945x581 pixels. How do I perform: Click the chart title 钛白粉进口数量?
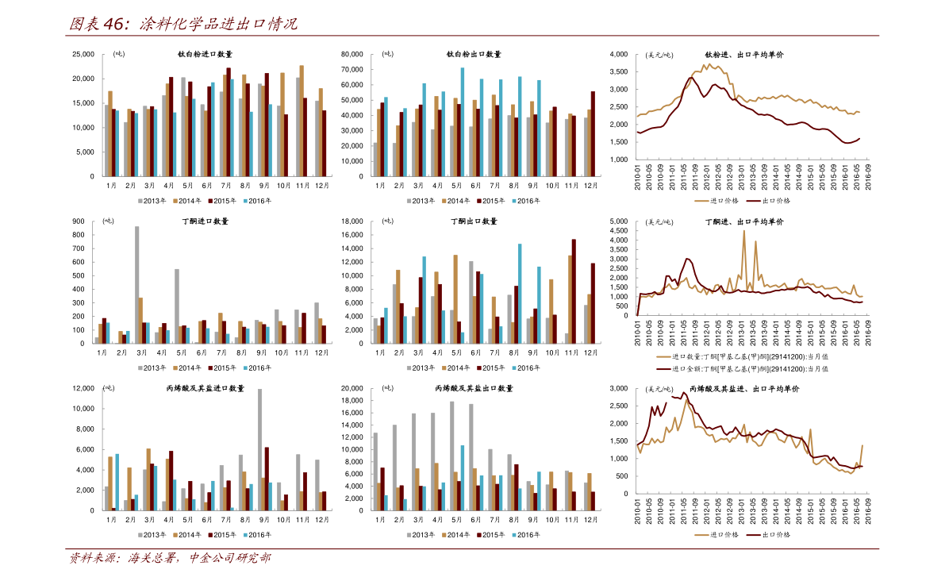click(x=205, y=54)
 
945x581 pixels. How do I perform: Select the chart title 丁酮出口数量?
click(x=474, y=221)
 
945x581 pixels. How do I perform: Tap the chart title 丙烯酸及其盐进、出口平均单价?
click(x=744, y=389)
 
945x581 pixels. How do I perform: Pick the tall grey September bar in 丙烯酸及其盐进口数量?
click(x=259, y=449)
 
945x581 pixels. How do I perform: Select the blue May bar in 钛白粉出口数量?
click(x=463, y=121)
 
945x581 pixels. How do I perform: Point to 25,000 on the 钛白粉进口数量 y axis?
click(x=83, y=54)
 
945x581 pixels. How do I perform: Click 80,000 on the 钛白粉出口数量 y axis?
click(x=352, y=54)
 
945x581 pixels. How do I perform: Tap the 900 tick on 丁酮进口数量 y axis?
click(x=79, y=221)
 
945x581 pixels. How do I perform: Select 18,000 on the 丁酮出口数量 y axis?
click(x=352, y=221)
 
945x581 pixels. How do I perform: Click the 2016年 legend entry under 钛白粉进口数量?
click(x=257, y=201)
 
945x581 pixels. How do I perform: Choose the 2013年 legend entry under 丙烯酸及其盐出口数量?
click(x=421, y=535)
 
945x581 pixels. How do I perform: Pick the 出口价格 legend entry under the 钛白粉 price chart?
click(x=768, y=201)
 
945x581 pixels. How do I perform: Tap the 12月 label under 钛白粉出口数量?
click(x=590, y=186)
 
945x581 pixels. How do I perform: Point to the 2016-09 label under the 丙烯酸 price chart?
click(x=869, y=511)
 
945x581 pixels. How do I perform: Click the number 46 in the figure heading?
click(x=115, y=24)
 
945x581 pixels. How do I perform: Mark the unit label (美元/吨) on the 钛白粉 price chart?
click(x=659, y=55)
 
